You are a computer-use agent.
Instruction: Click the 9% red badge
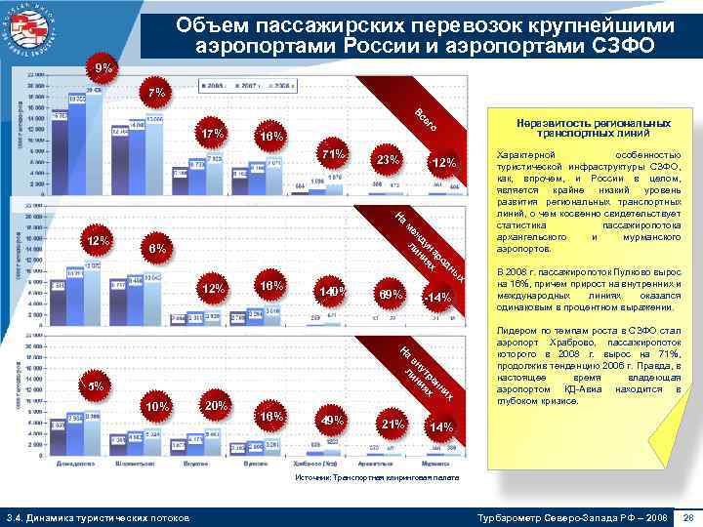pos(102,69)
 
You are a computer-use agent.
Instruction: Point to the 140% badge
pos(333,292)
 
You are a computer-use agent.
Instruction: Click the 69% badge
pos(391,294)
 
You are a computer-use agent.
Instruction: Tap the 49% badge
pos(333,421)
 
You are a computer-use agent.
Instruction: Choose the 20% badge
pos(216,406)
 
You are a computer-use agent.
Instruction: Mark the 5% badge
pos(96,385)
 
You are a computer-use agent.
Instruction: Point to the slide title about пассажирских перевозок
pos(421,37)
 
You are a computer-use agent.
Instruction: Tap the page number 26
pos(687,514)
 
